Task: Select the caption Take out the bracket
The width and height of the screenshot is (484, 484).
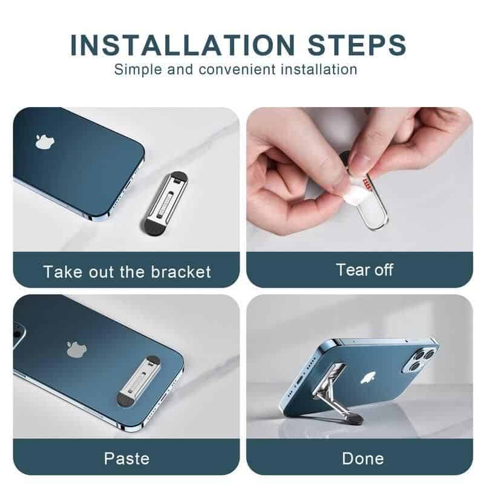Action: (x=126, y=271)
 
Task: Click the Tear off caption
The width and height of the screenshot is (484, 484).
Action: (x=359, y=269)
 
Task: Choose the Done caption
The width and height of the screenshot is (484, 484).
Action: (x=359, y=458)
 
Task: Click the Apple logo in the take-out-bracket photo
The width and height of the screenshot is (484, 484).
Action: (x=42, y=142)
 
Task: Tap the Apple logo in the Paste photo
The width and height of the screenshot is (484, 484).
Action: (x=74, y=349)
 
